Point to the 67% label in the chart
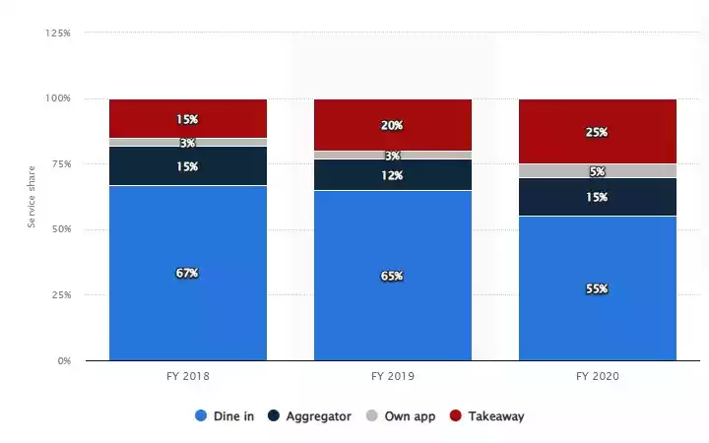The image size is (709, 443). tap(187, 273)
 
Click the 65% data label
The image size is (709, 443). tap(392, 277)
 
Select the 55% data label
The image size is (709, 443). tap(597, 289)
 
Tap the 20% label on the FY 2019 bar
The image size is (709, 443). tap(392, 125)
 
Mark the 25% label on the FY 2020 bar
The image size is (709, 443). tap(597, 132)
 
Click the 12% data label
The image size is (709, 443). tap(392, 174)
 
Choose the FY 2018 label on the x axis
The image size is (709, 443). tap(187, 376)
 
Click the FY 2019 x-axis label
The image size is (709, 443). tap(392, 376)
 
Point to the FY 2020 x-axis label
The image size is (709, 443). tap(597, 376)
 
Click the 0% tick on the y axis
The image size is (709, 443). tap(64, 360)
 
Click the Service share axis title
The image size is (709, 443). tap(32, 197)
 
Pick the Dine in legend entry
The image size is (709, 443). tap(226, 416)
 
